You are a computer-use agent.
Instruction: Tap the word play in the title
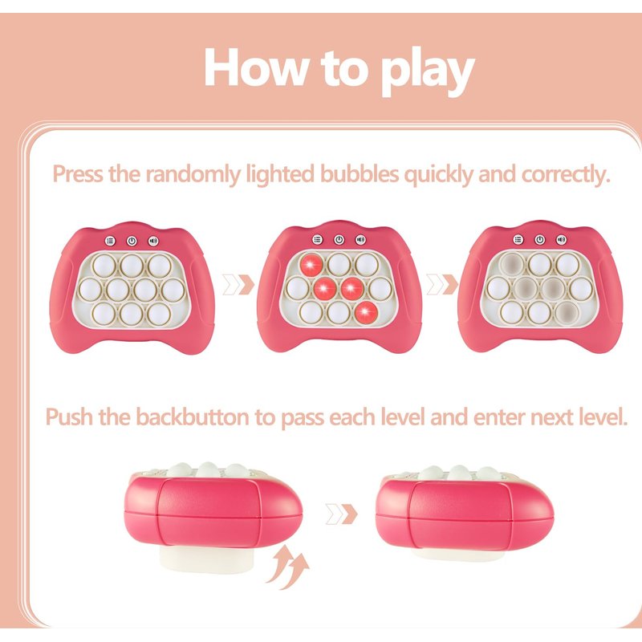pyautogui.click(x=427, y=71)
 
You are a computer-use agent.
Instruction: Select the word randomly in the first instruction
pyautogui.click(x=193, y=174)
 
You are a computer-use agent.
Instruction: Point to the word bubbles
pyautogui.click(x=359, y=173)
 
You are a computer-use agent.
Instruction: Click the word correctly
pyautogui.click(x=566, y=175)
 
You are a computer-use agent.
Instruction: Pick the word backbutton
pyautogui.click(x=192, y=417)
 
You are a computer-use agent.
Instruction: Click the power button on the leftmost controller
pyautogui.click(x=132, y=242)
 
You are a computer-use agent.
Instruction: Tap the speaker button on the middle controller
pyautogui.click(x=360, y=239)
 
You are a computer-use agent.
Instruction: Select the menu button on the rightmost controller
pyautogui.click(x=518, y=239)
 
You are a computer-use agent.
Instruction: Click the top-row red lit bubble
pyautogui.click(x=311, y=265)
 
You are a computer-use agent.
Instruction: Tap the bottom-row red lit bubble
pyautogui.click(x=367, y=313)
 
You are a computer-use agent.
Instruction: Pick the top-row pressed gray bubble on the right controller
pyautogui.click(x=512, y=264)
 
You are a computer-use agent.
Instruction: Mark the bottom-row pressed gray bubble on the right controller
pyautogui.click(x=567, y=313)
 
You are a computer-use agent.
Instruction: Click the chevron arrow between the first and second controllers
pyautogui.click(x=238, y=285)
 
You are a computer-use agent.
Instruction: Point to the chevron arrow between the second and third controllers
pyautogui.click(x=442, y=284)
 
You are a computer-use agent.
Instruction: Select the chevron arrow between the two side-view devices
pyautogui.click(x=341, y=514)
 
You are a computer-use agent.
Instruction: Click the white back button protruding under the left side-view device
pyautogui.click(x=206, y=559)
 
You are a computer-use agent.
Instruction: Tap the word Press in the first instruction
pyautogui.click(x=78, y=173)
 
